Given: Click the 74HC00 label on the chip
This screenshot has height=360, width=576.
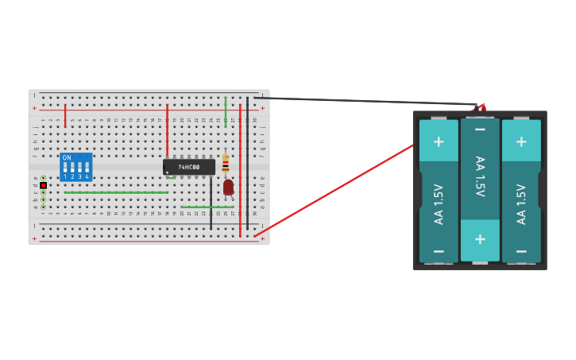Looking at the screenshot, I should [x=189, y=167].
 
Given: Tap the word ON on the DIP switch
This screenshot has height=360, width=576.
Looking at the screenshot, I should [x=67, y=158].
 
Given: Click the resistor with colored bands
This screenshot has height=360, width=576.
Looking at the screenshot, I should [x=226, y=163].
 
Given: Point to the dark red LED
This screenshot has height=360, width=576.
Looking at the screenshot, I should [x=228, y=187].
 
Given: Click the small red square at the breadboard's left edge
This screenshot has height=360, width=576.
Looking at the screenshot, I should [x=43, y=185].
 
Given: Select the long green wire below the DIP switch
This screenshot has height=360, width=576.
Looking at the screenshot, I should [x=116, y=192].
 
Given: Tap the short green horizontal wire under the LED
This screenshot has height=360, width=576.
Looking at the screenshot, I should [x=207, y=207].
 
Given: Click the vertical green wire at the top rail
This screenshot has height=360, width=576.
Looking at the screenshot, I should [x=226, y=112].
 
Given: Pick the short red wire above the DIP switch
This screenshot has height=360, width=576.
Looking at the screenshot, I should [x=65, y=116].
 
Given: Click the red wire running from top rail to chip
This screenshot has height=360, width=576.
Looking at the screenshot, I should [x=167, y=131].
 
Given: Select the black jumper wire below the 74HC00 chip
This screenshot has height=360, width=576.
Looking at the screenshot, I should [x=211, y=203].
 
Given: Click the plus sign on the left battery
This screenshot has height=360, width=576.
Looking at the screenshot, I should [x=439, y=142].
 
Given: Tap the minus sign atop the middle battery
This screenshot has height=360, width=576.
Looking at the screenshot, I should [x=480, y=129].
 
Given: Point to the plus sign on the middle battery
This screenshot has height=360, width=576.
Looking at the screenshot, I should [x=480, y=239].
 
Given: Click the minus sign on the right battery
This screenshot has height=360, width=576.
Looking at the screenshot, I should [x=521, y=251].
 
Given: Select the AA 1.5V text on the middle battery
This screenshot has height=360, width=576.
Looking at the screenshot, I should [x=480, y=176].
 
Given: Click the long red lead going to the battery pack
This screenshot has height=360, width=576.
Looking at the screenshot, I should [x=334, y=191].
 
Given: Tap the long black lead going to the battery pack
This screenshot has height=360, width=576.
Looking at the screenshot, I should [x=365, y=101].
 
